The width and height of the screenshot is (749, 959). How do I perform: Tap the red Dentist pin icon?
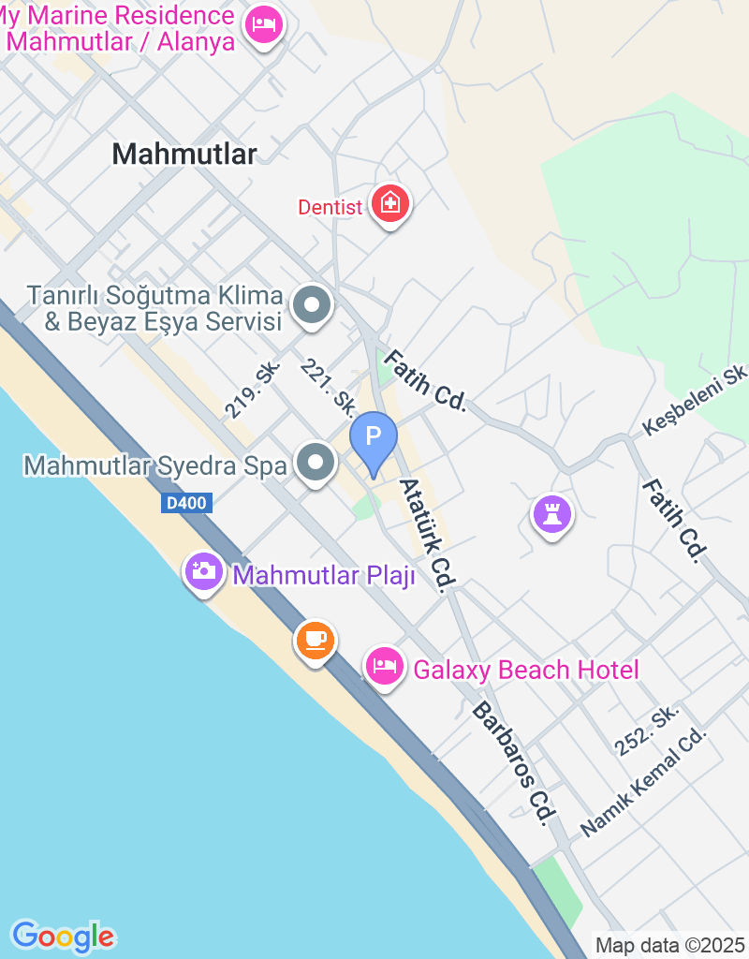389,203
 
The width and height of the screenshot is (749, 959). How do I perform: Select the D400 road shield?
187,503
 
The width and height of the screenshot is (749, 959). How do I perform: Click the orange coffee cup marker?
316,640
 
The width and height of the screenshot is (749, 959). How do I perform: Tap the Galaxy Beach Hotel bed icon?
384,666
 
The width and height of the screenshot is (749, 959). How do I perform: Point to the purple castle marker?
552,513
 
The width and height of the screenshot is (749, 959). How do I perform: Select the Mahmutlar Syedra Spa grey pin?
316,462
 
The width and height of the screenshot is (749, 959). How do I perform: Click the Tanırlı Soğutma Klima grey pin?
312,304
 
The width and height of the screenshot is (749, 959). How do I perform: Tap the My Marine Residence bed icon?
265,24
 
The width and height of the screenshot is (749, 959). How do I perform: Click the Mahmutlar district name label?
184,155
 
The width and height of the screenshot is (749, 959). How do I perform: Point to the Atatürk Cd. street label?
427,534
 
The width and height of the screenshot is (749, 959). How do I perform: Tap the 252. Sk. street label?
647,731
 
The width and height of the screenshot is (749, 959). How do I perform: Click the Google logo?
64,936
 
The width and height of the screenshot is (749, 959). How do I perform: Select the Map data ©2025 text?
669,945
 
